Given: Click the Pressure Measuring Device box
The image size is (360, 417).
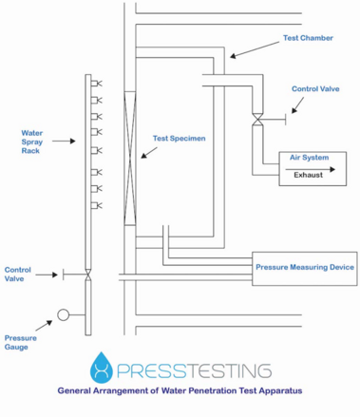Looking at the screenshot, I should pyautogui.click(x=304, y=268).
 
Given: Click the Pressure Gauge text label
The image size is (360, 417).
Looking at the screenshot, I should pyautogui.click(x=21, y=343).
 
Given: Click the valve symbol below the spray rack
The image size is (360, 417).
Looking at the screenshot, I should pyautogui.click(x=87, y=275).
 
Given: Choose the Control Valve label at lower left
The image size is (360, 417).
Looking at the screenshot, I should pyautogui.click(x=18, y=275).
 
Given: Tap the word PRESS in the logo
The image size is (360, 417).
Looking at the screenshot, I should pyautogui.click(x=150, y=370).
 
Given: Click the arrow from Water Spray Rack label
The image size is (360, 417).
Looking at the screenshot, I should pyautogui.click(x=64, y=141).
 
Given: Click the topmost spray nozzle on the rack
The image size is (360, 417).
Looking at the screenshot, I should pyautogui.click(x=95, y=85).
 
